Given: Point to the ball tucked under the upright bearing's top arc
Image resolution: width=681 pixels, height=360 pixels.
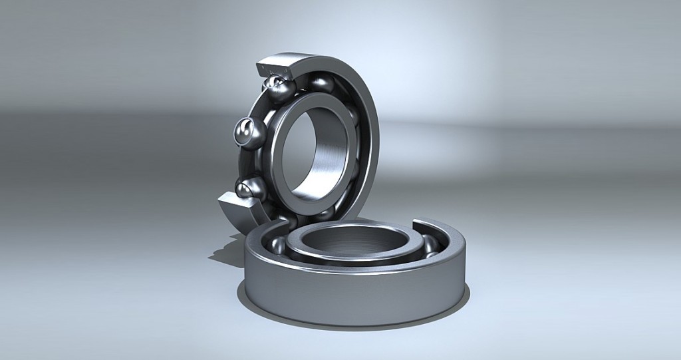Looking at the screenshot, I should [x=322, y=83].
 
